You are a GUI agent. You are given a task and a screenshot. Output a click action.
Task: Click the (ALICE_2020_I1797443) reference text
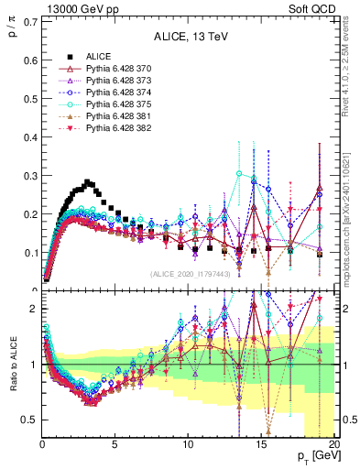190,274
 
